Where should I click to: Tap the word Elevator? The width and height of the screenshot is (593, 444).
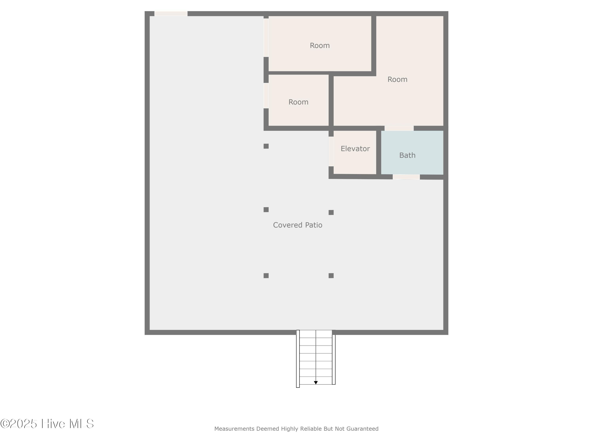click(x=355, y=149)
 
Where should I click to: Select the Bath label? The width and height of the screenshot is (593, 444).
click(x=407, y=155)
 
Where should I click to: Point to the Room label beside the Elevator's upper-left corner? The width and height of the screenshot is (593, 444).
click(x=298, y=102)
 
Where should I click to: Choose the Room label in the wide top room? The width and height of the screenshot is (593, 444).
click(x=320, y=46)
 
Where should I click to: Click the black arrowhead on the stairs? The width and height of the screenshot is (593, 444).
click(x=316, y=383)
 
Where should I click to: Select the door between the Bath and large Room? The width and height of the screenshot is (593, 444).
click(x=399, y=128)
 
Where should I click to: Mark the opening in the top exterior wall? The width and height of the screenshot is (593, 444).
click(x=171, y=14)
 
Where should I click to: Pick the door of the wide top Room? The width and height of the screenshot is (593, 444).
click(x=266, y=37)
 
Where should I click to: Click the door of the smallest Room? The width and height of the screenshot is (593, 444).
click(x=266, y=96)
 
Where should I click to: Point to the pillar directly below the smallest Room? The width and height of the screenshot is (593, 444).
click(x=266, y=146)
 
